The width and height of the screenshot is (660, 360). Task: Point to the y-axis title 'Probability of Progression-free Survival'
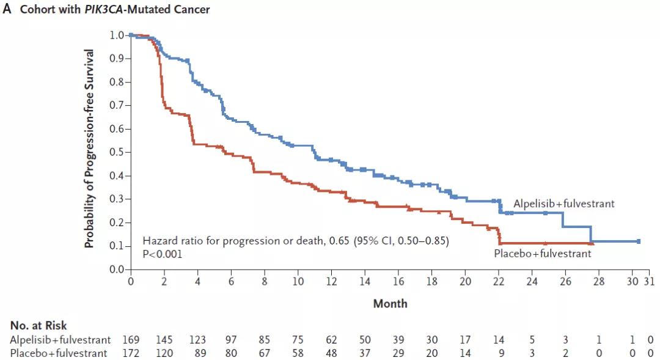89,149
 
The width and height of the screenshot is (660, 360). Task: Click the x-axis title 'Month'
390,303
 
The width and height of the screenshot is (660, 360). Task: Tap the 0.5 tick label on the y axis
116,152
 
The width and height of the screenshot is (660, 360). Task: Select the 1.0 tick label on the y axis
116,35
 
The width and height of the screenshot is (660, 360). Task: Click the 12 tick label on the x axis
331,281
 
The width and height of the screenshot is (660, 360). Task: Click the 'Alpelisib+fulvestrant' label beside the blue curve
563,204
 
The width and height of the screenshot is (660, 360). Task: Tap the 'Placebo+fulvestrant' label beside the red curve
543,253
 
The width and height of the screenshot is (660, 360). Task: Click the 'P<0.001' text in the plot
162,254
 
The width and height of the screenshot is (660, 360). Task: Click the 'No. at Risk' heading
38,326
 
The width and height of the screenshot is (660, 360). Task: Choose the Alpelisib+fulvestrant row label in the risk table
61,340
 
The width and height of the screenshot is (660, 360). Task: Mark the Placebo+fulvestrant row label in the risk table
59,353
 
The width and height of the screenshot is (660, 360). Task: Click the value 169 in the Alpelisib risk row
131,340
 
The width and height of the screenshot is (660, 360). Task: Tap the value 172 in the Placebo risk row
131,353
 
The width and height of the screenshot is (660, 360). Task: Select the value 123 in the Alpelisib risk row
197,340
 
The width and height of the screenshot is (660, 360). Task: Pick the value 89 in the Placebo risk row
197,353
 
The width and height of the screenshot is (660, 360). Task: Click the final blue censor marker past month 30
639,241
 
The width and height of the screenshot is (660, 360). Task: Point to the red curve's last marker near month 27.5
590,243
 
